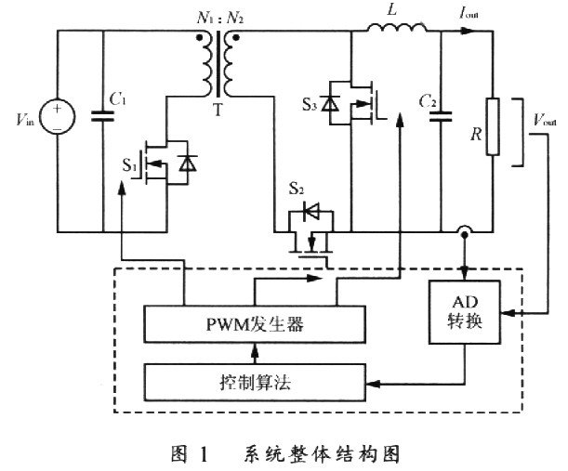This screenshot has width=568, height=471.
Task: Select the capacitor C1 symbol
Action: (x=101, y=116)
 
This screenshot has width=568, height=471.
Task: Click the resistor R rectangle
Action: (x=492, y=134)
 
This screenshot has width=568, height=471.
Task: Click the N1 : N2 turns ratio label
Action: (x=218, y=15)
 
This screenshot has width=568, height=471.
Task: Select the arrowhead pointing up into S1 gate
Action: (x=124, y=190)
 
